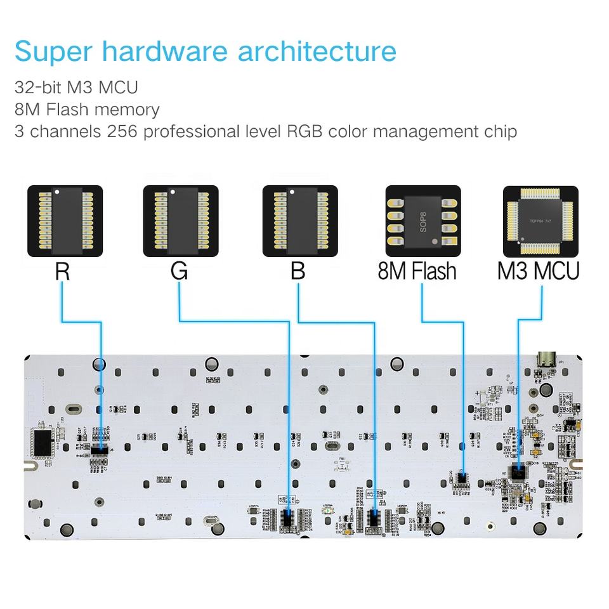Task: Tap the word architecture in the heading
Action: click(317, 51)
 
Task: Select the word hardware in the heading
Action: click(166, 51)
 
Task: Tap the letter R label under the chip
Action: click(62, 272)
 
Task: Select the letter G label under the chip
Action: click(180, 272)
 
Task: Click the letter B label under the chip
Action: click(298, 272)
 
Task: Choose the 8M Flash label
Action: click(417, 272)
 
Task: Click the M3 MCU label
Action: click(538, 272)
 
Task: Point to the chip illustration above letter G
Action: click(181, 221)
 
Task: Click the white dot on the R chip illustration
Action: click(57, 191)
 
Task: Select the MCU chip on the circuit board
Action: click(519, 471)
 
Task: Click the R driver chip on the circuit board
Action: click(101, 449)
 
